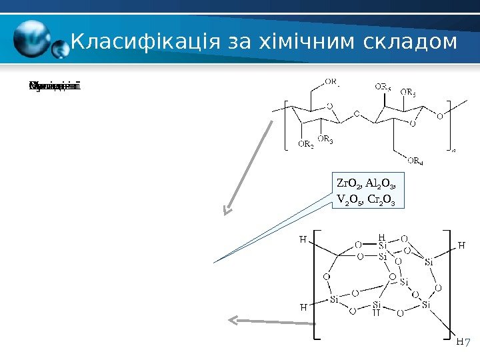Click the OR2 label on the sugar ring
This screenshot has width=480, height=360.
point(305,144)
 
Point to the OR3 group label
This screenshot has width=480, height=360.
point(325,139)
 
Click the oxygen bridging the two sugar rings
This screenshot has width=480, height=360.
point(357,114)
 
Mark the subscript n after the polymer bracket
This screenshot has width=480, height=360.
point(454,151)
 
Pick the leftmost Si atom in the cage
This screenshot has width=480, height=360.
point(335,299)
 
